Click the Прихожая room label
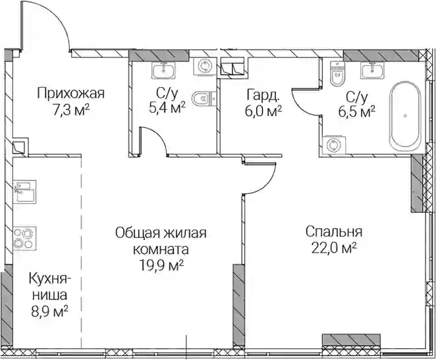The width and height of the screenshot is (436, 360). tap(71, 94)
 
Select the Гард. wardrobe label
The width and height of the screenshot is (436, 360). tap(263, 96)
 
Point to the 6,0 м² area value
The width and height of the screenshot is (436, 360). tap(263, 111)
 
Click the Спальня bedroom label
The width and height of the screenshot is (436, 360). tap(334, 232)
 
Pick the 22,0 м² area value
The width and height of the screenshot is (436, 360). tap(334, 248)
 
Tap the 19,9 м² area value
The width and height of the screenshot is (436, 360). tap(161, 266)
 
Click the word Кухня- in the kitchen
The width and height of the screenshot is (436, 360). tap(50, 279)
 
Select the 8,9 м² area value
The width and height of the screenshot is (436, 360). tap(50, 311)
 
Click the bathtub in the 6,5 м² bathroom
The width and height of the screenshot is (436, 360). tap(406, 115)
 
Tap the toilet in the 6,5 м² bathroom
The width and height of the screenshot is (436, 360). tap(337, 73)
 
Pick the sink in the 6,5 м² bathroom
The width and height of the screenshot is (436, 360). tap(373, 70)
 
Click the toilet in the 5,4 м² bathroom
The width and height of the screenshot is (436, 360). tap(204, 98)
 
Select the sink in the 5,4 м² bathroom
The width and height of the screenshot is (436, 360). tap(163, 70)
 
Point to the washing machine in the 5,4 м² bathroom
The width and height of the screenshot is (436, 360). tap(205, 67)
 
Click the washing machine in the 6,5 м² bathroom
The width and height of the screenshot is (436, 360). tap(333, 145)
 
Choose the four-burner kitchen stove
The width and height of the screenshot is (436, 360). tap(25, 239)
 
